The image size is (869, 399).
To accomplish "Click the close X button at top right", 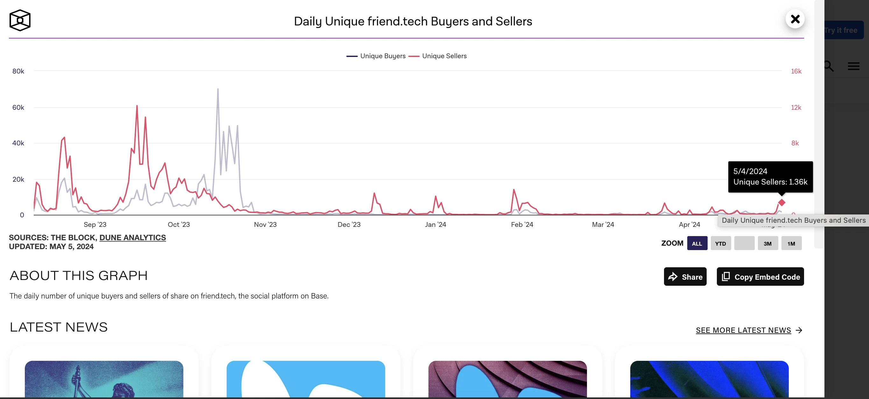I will tap(795, 19).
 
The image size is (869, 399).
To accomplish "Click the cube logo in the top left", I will tap(20, 20).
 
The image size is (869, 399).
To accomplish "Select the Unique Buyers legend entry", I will tap(376, 56).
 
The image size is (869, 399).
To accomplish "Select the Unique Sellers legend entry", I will tap(438, 56).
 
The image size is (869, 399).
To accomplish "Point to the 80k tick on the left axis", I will tap(18, 71).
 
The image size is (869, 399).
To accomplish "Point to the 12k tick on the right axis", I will tap(796, 108).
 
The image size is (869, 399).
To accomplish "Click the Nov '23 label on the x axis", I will tap(265, 225).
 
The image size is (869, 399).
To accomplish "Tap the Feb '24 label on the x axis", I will tap(522, 225).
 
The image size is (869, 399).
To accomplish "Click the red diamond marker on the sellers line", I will tap(781, 203).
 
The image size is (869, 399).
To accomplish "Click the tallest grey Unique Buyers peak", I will tap(218, 89).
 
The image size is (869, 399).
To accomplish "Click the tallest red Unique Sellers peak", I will tap(137, 106).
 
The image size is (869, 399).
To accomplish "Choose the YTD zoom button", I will tap(721, 243).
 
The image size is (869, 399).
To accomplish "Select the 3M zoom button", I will tap(767, 243).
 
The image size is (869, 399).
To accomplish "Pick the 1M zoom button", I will tap(791, 243).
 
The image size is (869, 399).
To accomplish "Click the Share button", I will tap(685, 277).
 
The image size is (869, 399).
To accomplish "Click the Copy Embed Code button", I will tap(760, 277).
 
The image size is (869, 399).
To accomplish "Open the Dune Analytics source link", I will tap(132, 238).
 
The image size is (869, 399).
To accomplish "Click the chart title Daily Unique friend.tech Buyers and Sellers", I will tap(413, 22).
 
